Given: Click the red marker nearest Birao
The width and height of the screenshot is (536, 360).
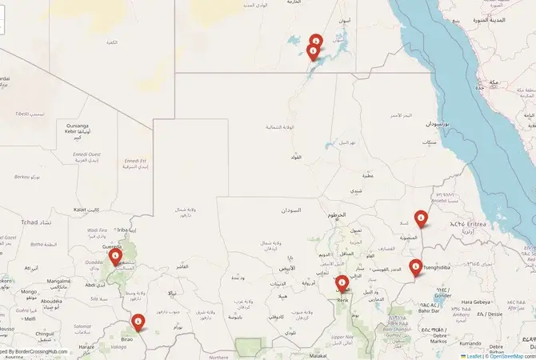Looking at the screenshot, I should click(138, 322).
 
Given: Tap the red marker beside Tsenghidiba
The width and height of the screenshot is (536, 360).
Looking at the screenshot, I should click(415, 266).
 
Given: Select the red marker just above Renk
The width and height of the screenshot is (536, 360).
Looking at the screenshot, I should click(342, 282).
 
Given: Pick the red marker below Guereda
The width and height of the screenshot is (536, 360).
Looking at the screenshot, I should click(115, 257).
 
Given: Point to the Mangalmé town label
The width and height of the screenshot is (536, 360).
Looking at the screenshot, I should click(58, 282).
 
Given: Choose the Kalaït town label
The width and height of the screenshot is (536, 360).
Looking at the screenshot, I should click(79, 210).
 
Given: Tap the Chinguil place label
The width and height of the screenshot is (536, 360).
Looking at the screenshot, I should click(44, 333).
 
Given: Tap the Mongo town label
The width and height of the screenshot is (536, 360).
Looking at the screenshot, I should click(29, 292).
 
